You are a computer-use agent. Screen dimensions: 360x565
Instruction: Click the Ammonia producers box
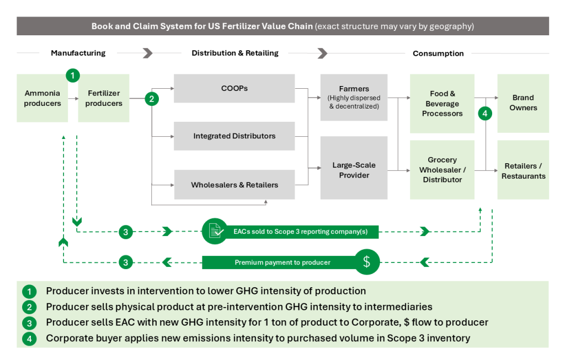(x=42, y=98)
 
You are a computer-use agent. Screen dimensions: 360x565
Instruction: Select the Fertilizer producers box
(x=104, y=98)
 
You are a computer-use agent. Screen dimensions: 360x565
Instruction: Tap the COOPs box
(x=234, y=88)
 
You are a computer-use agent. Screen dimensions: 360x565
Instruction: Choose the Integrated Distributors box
(x=234, y=136)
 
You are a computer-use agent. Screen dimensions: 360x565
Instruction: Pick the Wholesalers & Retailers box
(x=234, y=185)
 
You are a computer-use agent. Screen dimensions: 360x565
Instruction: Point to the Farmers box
(x=354, y=97)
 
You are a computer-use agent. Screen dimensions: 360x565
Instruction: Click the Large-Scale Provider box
(x=354, y=170)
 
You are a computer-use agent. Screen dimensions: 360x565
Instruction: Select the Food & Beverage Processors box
(x=442, y=104)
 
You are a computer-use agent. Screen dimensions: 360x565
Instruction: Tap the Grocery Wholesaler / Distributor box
(x=442, y=170)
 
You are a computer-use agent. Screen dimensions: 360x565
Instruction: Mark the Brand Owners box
(x=523, y=103)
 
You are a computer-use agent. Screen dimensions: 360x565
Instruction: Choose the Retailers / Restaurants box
(x=523, y=171)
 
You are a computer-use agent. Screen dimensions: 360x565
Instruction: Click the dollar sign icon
(x=367, y=262)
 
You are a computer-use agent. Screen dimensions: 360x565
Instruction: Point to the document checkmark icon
(x=215, y=232)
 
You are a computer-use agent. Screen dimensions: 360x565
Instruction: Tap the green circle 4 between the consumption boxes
(x=484, y=114)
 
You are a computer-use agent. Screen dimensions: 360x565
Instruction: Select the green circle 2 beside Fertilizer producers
(x=152, y=99)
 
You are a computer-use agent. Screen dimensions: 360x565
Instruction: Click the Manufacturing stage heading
(x=78, y=53)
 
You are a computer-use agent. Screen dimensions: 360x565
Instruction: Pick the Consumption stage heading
(x=438, y=53)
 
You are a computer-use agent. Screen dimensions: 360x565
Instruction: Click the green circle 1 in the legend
(x=29, y=291)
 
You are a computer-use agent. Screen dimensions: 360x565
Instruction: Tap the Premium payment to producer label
(x=282, y=262)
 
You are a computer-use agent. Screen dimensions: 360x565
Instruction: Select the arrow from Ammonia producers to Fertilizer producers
(x=72, y=102)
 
